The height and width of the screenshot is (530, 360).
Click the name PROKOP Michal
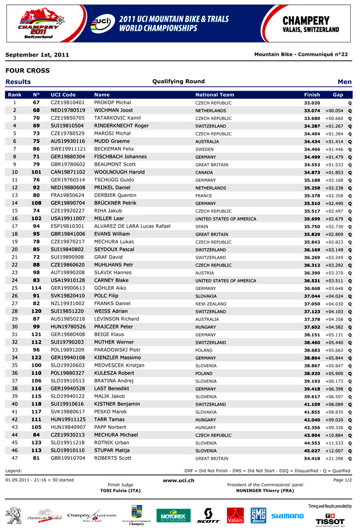[x=112, y=102]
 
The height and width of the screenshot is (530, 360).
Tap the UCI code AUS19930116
[x=67, y=141]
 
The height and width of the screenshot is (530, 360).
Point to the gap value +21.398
[x=334, y=458]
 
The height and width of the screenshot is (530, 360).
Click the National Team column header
[x=215, y=94]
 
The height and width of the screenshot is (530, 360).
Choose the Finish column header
[x=312, y=94]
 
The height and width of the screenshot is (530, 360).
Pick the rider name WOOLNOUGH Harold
[x=119, y=172]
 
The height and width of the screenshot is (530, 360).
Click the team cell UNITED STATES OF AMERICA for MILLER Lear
[x=225, y=219]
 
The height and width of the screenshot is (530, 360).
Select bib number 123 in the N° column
[x=36, y=443]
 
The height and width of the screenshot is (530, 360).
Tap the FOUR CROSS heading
[x=27, y=70]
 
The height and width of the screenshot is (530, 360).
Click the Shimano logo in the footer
[x=287, y=515]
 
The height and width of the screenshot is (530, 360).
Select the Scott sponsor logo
[x=208, y=515]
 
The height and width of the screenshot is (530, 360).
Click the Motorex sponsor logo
[x=173, y=515]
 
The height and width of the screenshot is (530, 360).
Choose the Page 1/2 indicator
[x=343, y=480]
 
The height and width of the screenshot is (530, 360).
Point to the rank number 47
[x=15, y=458]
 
